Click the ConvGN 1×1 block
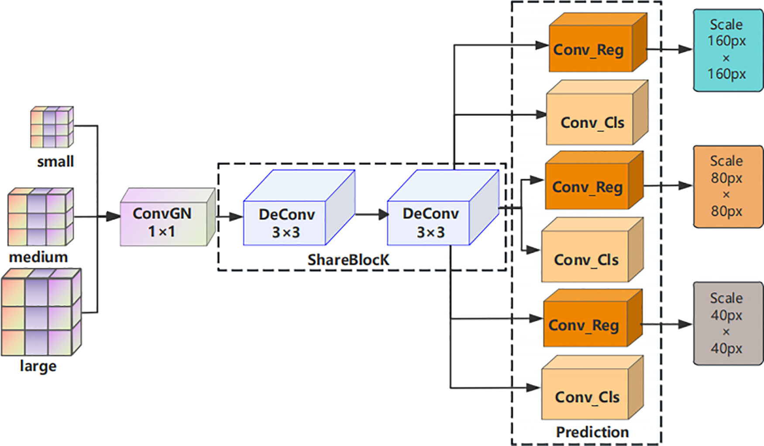tap(168, 217)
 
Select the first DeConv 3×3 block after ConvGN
tap(299, 207)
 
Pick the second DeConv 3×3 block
tap(443, 207)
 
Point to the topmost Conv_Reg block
tap(598, 42)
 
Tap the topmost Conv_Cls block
tap(597, 112)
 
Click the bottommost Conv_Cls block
tap(592, 387)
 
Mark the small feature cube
tap(52, 127)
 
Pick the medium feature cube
tap(41, 217)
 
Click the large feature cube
tap(41, 312)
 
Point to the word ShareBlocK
tap(348, 260)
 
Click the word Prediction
tap(592, 432)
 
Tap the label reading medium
tap(38, 257)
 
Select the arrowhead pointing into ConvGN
tap(114, 216)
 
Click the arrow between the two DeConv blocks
tap(372, 214)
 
